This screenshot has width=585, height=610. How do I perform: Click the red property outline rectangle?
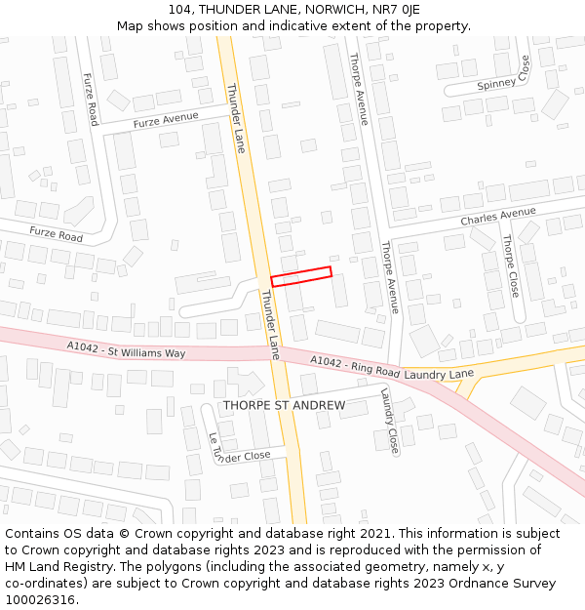301,276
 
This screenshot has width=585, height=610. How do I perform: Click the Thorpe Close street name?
511,265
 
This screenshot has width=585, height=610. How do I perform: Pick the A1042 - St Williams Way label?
126,349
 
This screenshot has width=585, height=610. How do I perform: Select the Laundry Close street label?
389,421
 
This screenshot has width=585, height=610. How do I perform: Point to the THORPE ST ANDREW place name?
284,405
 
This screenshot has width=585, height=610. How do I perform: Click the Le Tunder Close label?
239,450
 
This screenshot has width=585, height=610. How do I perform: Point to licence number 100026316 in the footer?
41,599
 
